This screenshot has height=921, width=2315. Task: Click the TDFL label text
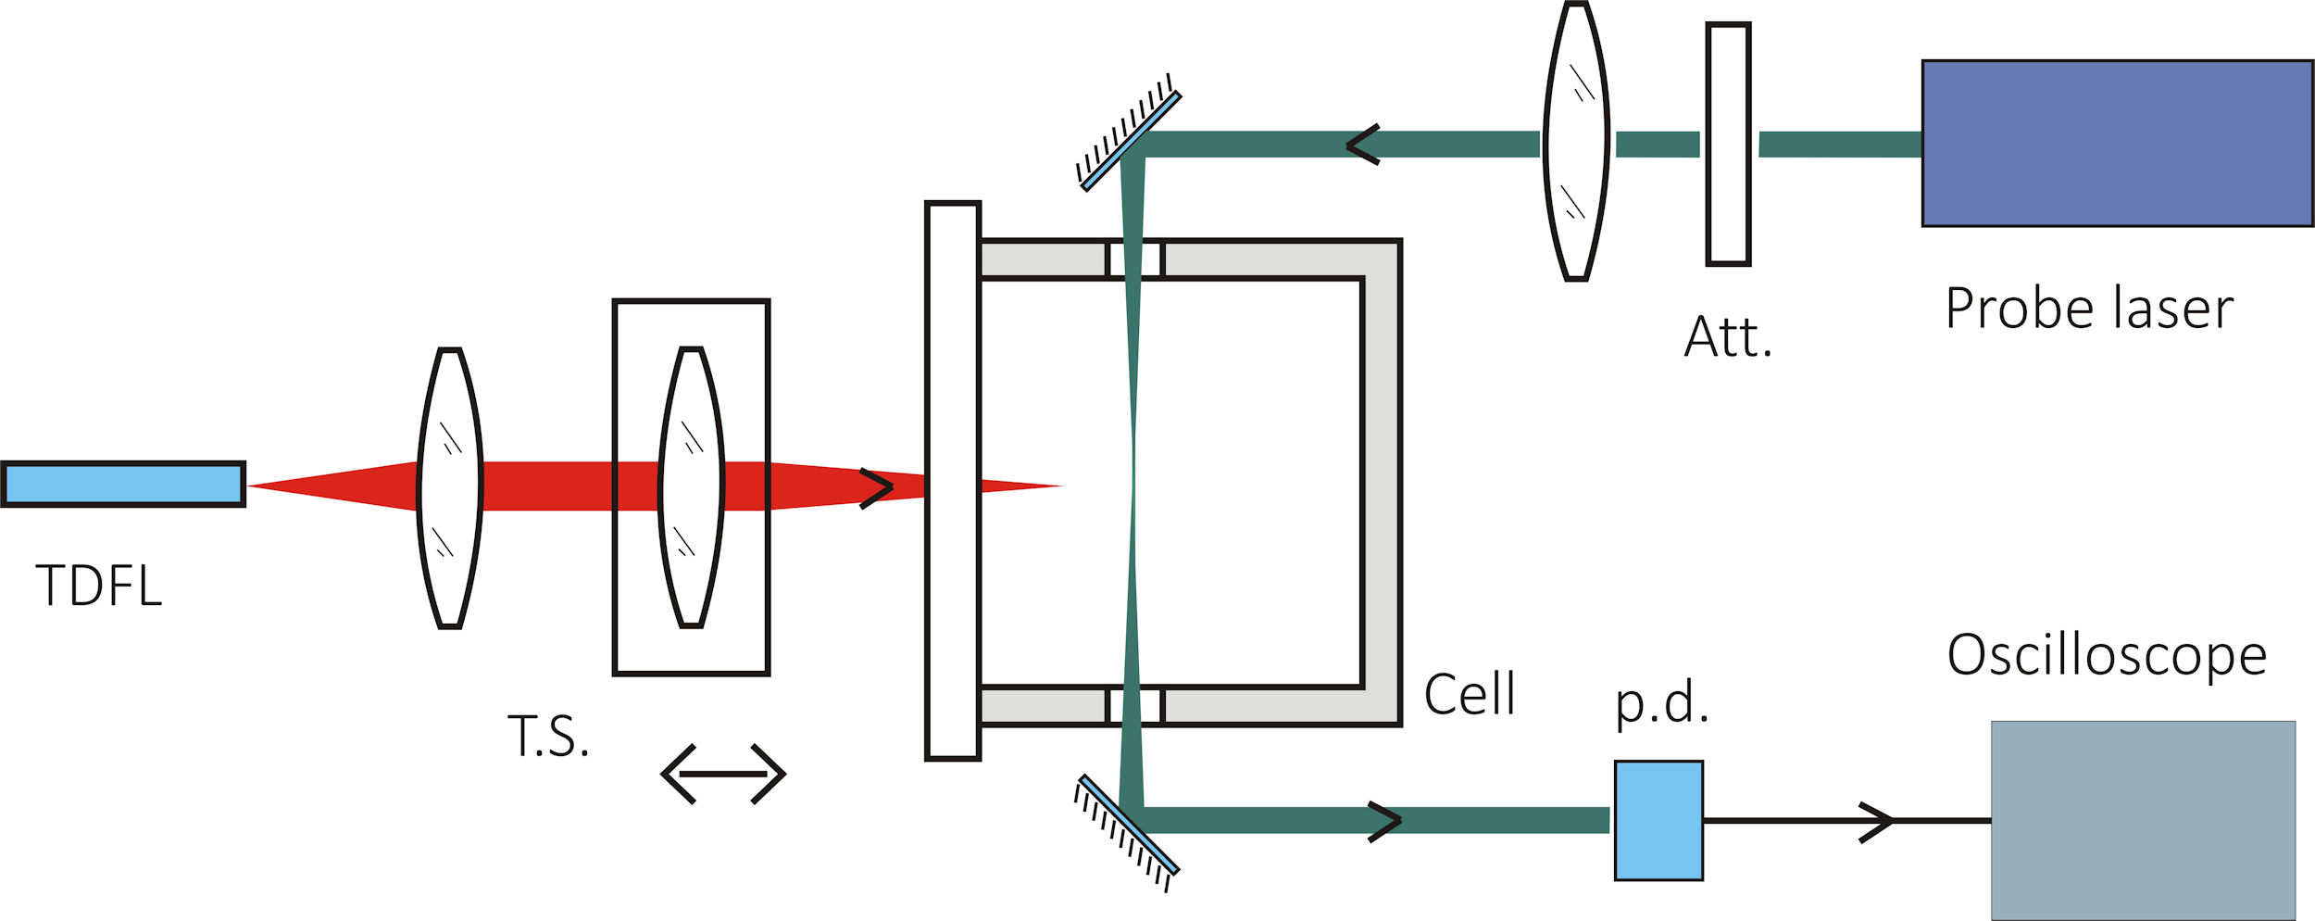(x=99, y=586)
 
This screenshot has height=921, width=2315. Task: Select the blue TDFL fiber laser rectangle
(x=123, y=484)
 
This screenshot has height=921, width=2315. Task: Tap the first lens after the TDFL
(x=450, y=488)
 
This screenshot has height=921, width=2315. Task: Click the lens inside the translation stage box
(x=691, y=487)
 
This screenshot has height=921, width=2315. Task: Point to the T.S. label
(x=548, y=737)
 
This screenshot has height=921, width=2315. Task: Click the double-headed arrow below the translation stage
(x=723, y=774)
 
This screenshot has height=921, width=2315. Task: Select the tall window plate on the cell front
(x=953, y=481)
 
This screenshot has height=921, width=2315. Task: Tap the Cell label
(x=1470, y=694)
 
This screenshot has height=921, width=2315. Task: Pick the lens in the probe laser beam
(x=1576, y=141)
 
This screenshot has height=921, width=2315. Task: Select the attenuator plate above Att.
(x=1728, y=145)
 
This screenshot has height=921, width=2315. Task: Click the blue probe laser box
(x=2118, y=144)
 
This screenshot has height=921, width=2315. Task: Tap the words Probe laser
(x=2090, y=309)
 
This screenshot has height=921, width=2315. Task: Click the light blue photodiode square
(x=1658, y=820)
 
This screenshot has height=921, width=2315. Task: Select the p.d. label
(x=1662, y=702)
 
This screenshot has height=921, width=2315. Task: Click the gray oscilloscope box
(x=2144, y=820)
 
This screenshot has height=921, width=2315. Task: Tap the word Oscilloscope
(x=2108, y=655)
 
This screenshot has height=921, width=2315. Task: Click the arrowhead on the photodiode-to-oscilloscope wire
(x=1877, y=821)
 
